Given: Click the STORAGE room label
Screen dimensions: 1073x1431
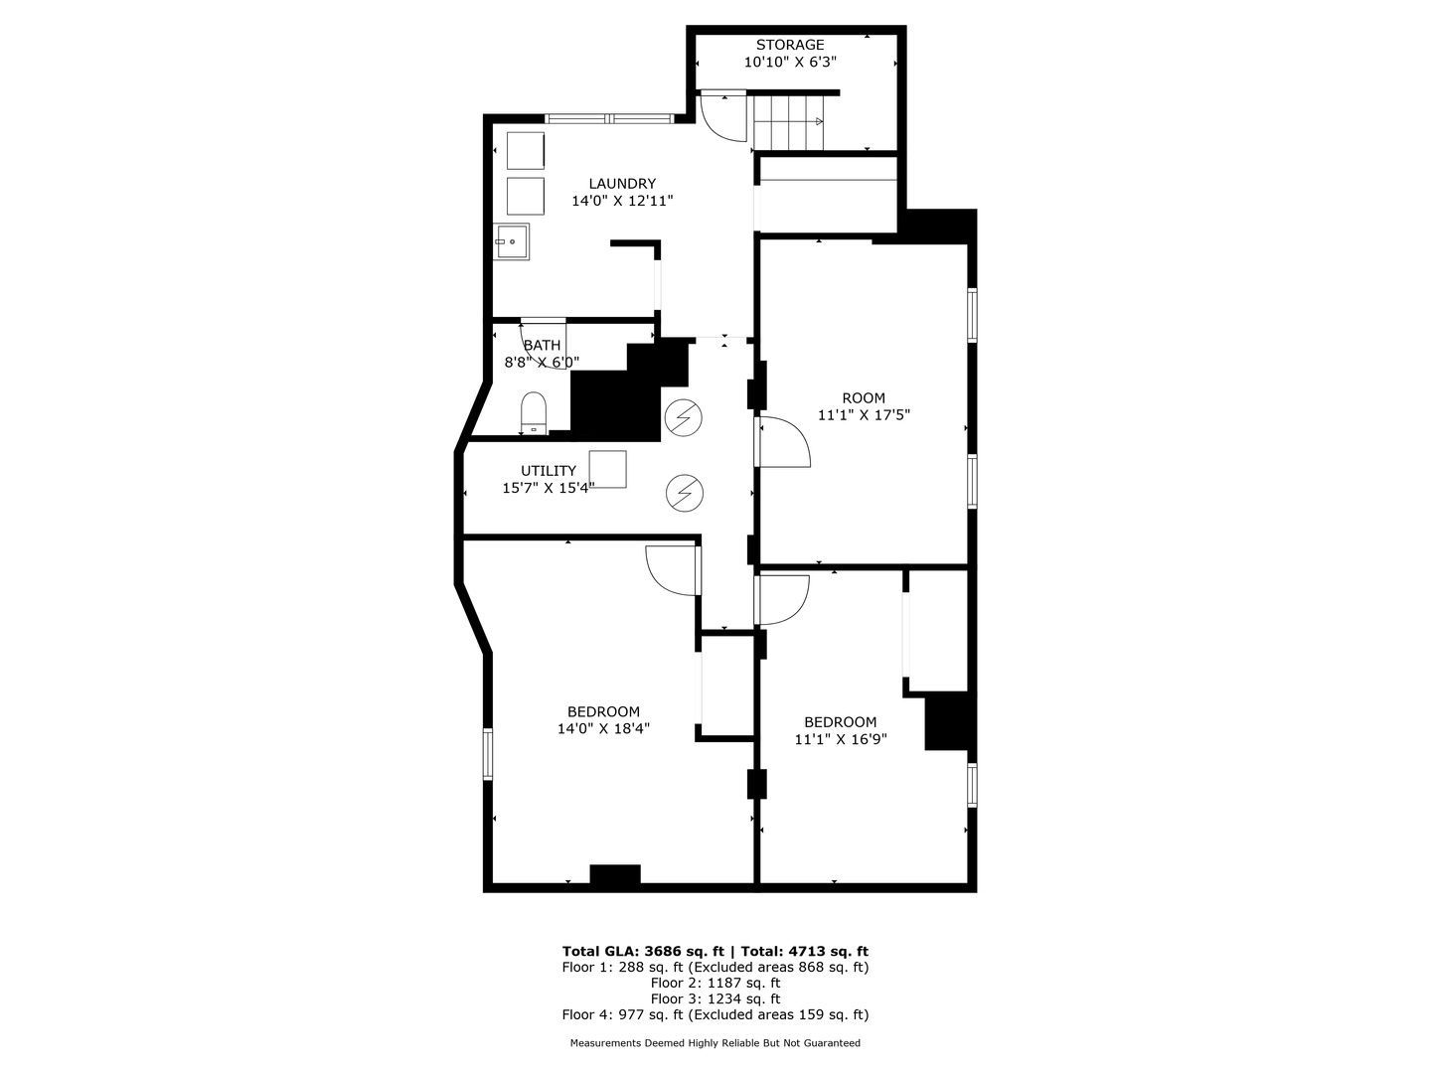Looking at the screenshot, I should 790,45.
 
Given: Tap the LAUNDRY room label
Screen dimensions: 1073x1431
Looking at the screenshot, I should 622,184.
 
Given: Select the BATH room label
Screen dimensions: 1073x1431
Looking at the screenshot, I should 542,346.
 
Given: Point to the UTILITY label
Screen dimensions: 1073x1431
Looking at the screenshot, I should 549,471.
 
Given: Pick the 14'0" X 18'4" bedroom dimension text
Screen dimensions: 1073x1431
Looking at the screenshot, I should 604,728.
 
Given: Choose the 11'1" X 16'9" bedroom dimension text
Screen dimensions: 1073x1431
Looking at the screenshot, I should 841,739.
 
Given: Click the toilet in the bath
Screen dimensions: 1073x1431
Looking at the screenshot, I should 534,411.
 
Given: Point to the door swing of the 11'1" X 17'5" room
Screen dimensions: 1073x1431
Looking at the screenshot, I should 785,442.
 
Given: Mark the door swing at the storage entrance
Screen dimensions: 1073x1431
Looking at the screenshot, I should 723,116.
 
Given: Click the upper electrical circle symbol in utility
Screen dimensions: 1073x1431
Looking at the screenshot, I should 683,418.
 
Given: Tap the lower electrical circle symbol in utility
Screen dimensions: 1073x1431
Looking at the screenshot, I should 683,492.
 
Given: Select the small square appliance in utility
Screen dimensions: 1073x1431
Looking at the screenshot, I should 607,469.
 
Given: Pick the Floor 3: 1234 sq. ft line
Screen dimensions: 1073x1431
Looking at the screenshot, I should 715,998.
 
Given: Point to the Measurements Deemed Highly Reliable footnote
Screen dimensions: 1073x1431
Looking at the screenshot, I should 715,1043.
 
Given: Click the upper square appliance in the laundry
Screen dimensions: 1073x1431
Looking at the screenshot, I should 525,150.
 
